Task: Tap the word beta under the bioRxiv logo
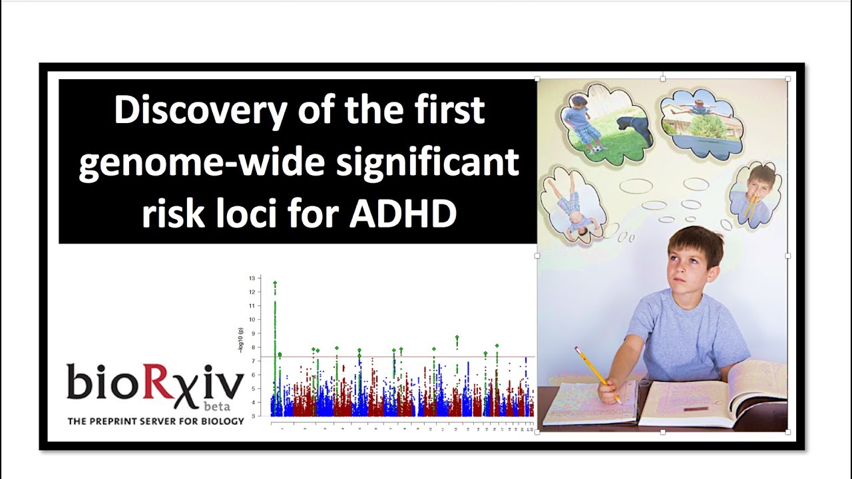pos(212,406)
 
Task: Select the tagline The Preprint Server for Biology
pos(156,421)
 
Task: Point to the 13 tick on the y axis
pos(252,278)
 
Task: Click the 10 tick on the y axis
pos(252,319)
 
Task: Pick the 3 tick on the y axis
pos(252,416)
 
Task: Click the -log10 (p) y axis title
pos(241,339)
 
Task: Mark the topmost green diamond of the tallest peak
pos(275,283)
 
